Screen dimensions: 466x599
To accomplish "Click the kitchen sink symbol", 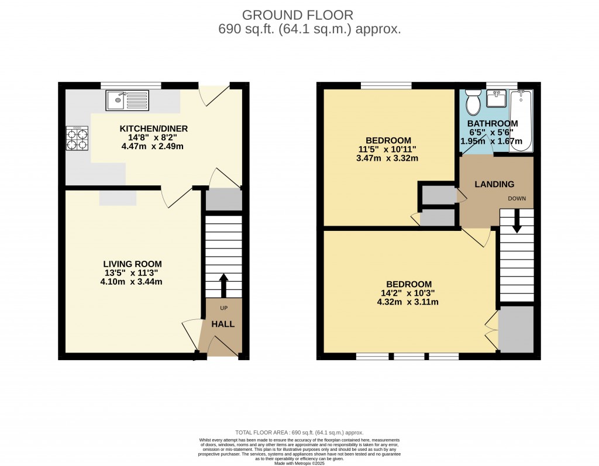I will click(128, 100).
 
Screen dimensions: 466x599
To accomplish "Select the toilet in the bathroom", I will click(473, 103).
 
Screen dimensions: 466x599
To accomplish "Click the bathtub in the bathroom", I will click(520, 121).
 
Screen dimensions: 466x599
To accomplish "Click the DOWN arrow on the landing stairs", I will click(517, 220).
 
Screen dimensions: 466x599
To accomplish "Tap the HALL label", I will click(222, 324).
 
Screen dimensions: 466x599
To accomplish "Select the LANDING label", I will click(494, 184).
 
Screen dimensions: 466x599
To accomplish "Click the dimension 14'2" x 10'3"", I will click(408, 294).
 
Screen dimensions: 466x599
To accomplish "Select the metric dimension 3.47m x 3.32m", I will click(387, 158).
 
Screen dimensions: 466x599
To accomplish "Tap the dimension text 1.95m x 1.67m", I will click(494, 141).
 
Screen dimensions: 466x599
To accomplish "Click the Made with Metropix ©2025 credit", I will click(299, 463).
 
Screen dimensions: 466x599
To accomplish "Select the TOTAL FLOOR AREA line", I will click(299, 431).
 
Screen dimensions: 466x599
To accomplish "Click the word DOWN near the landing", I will click(517, 198).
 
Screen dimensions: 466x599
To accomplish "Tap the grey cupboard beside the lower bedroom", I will click(515, 329).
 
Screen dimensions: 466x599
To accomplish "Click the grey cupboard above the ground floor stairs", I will click(223, 199).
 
